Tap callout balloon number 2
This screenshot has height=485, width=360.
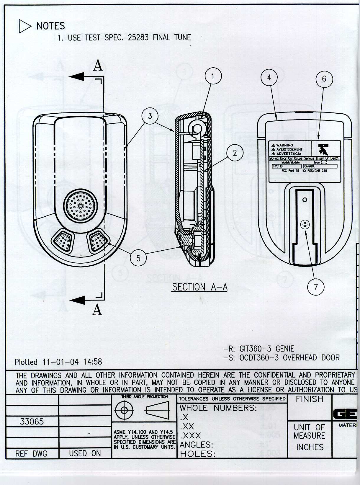click(x=235, y=153)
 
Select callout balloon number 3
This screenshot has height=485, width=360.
click(x=150, y=116)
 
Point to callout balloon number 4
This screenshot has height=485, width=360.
click(x=269, y=77)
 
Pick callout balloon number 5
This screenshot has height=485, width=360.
click(x=138, y=258)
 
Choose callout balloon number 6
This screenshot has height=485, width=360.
click(x=324, y=79)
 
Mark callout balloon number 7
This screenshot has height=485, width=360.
click(x=316, y=287)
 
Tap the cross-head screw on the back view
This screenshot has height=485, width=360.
click(x=305, y=225)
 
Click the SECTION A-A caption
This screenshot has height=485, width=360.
click(x=200, y=287)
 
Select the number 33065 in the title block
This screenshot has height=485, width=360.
click(x=32, y=422)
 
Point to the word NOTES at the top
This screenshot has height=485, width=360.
click(x=51, y=26)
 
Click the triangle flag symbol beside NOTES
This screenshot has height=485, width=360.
click(x=24, y=26)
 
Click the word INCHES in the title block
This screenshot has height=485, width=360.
click(x=310, y=447)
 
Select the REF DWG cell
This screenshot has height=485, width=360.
click(x=31, y=453)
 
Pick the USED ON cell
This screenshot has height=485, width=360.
click(x=85, y=453)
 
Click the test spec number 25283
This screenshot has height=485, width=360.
click(x=138, y=37)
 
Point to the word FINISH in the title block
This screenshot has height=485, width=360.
click(x=310, y=399)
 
